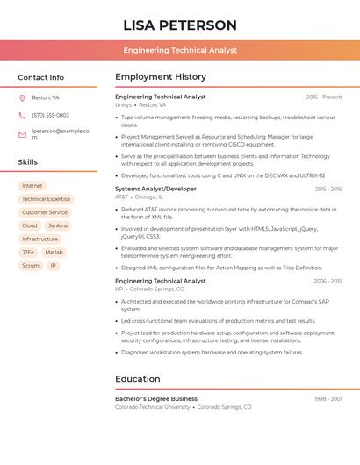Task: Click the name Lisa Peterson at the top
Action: pyautogui.click(x=180, y=25)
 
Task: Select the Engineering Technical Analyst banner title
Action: pyautogui.click(x=180, y=50)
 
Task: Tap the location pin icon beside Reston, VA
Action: pyautogui.click(x=22, y=97)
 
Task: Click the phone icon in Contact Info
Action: pyautogui.click(x=22, y=115)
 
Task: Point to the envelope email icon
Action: pyautogui.click(x=22, y=134)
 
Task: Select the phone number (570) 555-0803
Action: pyautogui.click(x=50, y=115)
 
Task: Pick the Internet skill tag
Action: pyautogui.click(x=32, y=186)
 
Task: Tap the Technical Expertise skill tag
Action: pyautogui.click(x=46, y=199)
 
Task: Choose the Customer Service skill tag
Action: pyautogui.click(x=45, y=212)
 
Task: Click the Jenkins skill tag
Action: pyautogui.click(x=58, y=225)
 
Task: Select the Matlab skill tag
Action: pyautogui.click(x=54, y=252)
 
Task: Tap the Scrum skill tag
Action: pyautogui.click(x=31, y=265)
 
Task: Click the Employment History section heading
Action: pyautogui.click(x=161, y=77)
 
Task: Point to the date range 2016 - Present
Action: pyautogui.click(x=324, y=97)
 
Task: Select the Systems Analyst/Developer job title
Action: pyautogui.click(x=155, y=189)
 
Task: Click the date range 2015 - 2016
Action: pyautogui.click(x=328, y=189)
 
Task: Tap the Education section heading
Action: pyautogui.click(x=137, y=379)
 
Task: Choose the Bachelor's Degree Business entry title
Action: pyautogui.click(x=156, y=398)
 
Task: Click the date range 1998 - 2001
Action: pyautogui.click(x=328, y=398)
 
